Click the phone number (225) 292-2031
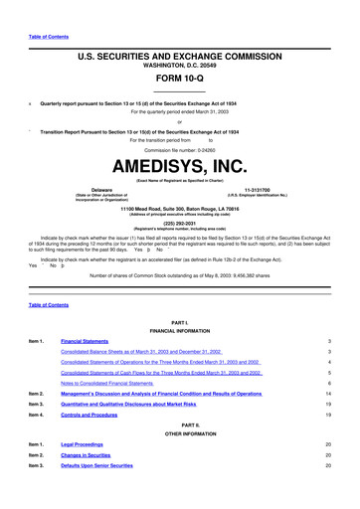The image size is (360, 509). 179,224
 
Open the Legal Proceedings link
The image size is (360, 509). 86,458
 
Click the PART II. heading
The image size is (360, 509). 179,431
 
